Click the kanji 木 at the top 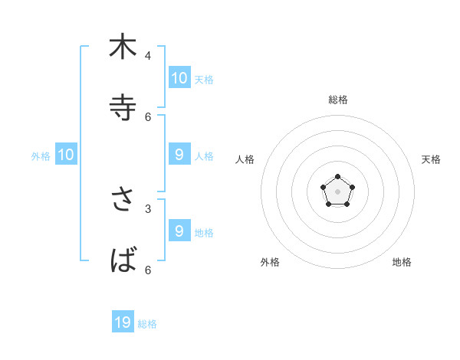pyautogui.click(x=122, y=47)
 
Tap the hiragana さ pyautogui.click(x=122, y=200)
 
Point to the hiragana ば pyautogui.click(x=123, y=261)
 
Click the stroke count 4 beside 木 pyautogui.click(x=148, y=56)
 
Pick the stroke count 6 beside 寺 pyautogui.click(x=148, y=117)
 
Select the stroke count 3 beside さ pyautogui.click(x=148, y=208)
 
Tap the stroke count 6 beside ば pyautogui.click(x=148, y=270)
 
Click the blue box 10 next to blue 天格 pyautogui.click(x=179, y=77)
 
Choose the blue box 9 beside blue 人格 pyautogui.click(x=179, y=154)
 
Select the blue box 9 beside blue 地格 pyautogui.click(x=179, y=231)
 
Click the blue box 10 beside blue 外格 pyautogui.click(x=66, y=154)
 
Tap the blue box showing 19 pyautogui.click(x=123, y=322)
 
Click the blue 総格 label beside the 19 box pyautogui.click(x=147, y=324)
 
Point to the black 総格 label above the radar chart pyautogui.click(x=338, y=100)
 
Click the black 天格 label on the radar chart pyautogui.click(x=431, y=159)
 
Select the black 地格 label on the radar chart pyautogui.click(x=402, y=262)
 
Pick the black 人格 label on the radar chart pyautogui.click(x=245, y=159)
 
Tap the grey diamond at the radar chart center pyautogui.click(x=337, y=191)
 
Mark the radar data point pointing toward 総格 pyautogui.click(x=337, y=177)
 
